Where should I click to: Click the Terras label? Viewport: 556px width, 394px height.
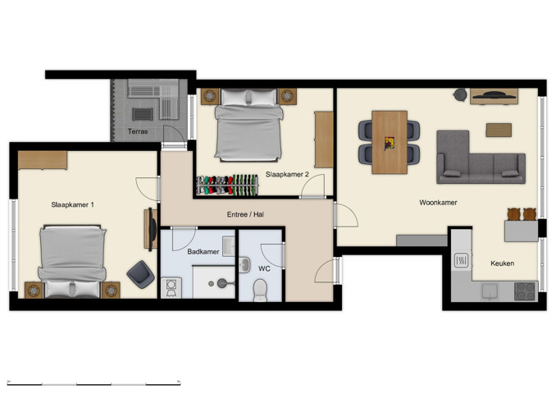137,131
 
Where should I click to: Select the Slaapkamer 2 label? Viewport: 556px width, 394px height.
287,174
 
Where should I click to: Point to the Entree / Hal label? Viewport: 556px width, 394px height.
246,215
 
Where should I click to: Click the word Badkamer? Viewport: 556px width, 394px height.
203,252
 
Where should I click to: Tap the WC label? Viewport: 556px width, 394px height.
264,268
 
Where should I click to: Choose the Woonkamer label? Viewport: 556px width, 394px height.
438,202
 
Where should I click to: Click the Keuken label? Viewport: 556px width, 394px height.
502,263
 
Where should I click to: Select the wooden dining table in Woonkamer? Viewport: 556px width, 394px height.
390,142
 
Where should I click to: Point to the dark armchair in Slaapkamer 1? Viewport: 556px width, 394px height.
139,273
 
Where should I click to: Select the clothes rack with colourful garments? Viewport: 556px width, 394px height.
226,185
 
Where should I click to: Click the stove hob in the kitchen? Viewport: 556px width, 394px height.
523,290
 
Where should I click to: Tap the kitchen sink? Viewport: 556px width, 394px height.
462,260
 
